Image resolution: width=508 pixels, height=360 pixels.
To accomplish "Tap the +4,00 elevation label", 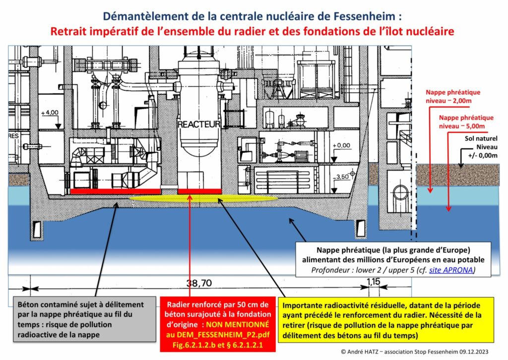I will pyautogui.click(x=50, y=113).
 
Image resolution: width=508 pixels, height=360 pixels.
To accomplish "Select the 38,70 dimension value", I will pyautogui.click(x=195, y=284).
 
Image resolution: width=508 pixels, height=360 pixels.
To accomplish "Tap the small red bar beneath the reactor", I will pyautogui.click(x=199, y=191).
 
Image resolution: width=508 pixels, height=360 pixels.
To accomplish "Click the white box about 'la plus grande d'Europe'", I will pyautogui.click(x=393, y=259).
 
